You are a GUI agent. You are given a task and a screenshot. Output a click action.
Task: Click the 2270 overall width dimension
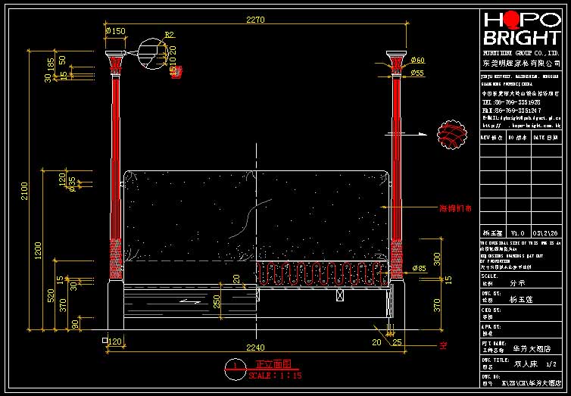tap(255, 20)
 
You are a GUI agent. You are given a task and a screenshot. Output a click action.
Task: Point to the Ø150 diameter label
tap(116, 31)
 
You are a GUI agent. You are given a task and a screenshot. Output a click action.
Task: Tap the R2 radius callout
tap(170, 36)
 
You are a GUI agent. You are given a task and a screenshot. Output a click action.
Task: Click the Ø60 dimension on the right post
tap(417, 61)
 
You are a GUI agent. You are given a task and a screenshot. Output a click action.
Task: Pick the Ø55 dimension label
tap(417, 73)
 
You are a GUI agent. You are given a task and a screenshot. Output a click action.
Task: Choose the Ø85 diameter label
tap(419, 268)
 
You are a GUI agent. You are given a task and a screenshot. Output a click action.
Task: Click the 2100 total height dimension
tap(24, 192)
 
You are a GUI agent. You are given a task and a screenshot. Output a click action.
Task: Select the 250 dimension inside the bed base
tap(217, 301)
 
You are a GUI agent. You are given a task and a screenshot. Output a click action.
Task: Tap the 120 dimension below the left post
tap(115, 341)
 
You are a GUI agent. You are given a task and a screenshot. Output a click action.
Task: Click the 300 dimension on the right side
tap(437, 260)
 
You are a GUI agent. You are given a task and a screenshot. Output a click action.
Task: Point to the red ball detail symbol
tap(452, 133)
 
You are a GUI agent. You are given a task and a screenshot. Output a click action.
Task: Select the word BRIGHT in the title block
tap(521, 39)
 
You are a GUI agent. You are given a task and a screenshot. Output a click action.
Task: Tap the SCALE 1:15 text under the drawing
tap(276, 375)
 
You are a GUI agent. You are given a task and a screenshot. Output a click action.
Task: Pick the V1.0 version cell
tap(517, 232)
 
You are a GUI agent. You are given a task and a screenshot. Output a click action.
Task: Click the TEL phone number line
tap(511, 101)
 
